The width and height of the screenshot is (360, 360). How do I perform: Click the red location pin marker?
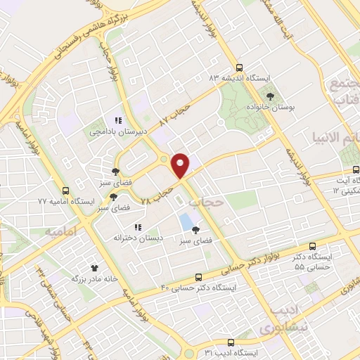tap(181, 165)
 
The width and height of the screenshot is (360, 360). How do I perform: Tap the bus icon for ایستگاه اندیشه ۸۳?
tap(240, 68)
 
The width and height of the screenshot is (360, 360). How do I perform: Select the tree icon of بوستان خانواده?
tap(270, 94)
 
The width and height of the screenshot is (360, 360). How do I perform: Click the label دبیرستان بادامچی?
tap(106, 131)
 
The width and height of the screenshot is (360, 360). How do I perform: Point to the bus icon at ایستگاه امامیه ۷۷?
tap(66, 191)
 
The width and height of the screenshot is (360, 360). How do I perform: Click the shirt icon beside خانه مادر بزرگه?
tap(95, 268)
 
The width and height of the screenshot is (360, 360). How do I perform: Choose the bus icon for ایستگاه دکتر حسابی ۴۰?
tap(198, 276)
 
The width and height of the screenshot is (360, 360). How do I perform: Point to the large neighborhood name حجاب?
tap(207, 203)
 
